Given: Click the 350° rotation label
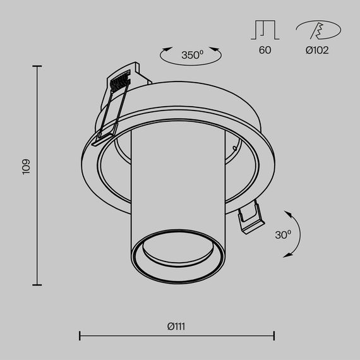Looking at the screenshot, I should coord(192,55).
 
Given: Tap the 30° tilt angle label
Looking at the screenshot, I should coord(283,234).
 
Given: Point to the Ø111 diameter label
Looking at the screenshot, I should coord(176,327).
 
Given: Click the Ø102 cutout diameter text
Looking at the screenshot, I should coord(317,50).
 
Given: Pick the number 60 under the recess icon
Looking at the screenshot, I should coord(265,50).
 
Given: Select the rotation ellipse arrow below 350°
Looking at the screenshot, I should coord(192,61).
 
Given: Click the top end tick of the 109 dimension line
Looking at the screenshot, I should coord(37,66).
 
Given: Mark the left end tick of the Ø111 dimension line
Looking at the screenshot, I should coord(80,335).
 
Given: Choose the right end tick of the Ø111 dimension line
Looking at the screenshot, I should coord(274,335).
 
